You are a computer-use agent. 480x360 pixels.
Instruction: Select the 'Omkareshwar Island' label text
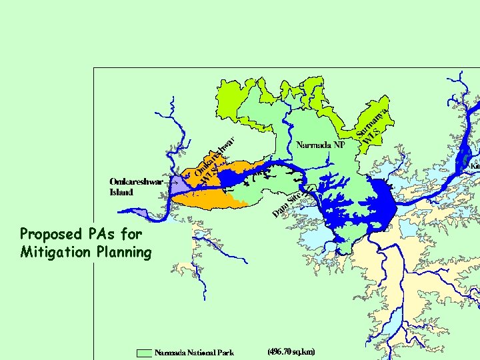pyautogui.click(x=135, y=187)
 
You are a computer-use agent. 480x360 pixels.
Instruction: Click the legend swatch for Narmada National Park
pyautogui.click(x=144, y=352)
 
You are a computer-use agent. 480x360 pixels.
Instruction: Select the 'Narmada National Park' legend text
pyautogui.click(x=194, y=352)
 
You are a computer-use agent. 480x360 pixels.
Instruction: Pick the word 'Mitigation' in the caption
pyautogui.click(x=53, y=252)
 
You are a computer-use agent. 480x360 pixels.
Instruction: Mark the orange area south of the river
pyautogui.click(x=212, y=200)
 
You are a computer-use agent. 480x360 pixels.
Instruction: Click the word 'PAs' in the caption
pyautogui.click(x=97, y=234)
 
